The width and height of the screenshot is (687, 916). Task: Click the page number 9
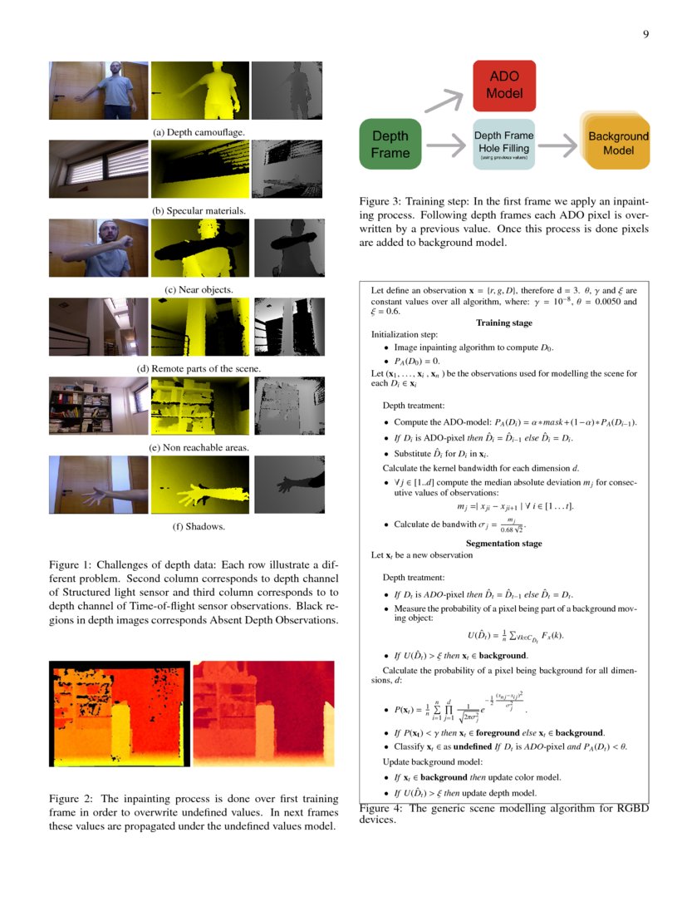pos(645,34)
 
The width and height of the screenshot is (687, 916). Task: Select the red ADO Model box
pos(504,86)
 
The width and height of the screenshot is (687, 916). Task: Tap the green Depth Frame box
pos(390,145)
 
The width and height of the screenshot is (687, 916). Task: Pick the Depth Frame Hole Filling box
pos(503,145)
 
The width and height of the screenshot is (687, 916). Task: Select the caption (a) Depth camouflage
pos(199,132)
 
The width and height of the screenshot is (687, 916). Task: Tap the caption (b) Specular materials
pos(199,211)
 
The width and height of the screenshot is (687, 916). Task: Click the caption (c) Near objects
pos(199,289)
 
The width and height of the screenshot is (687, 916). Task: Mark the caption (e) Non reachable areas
pos(199,447)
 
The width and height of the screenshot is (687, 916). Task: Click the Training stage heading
pos(503,323)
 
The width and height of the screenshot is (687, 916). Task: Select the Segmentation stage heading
pos(503,543)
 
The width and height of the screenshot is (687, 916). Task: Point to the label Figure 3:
pos(380,202)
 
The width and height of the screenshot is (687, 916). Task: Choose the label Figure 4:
pos(380,808)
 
